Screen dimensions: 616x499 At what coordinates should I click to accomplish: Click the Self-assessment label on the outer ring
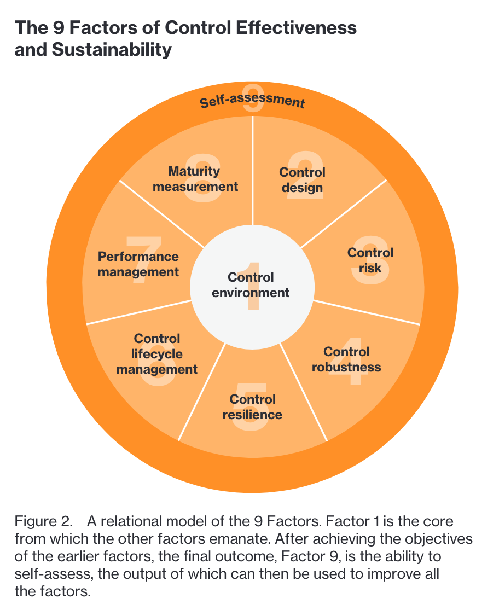pos(251,102)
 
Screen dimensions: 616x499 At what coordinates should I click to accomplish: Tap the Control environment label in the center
pos(251,285)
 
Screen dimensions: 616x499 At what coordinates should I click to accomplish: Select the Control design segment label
pos(302,180)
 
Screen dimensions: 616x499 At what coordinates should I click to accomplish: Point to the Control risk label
pos(370,260)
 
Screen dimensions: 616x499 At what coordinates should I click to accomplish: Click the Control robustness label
pos(346,359)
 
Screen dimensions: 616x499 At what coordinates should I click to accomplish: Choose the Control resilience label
pos(252,407)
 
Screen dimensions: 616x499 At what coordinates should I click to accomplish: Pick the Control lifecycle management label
pos(157,354)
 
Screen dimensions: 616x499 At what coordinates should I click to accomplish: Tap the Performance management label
pos(138,264)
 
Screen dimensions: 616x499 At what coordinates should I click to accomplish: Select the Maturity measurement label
pos(195,178)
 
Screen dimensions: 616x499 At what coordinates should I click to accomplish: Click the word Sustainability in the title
pos(112,50)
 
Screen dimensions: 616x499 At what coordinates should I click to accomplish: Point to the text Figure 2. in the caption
pos(43,521)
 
